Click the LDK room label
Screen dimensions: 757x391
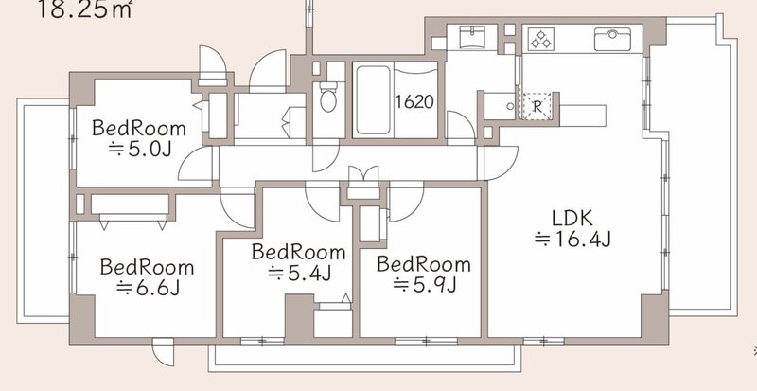[x=572, y=219]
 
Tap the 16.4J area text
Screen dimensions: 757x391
[x=573, y=240]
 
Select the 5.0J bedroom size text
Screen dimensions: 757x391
[x=139, y=150]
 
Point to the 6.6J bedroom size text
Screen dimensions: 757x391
[x=149, y=288]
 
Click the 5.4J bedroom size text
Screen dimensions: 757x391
[x=299, y=273]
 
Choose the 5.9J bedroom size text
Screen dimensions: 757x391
[x=425, y=285]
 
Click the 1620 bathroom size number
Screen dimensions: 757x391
[x=414, y=102]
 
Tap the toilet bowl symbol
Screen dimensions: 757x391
[x=328, y=97]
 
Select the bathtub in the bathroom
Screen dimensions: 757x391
[x=373, y=100]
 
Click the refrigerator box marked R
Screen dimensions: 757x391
[x=537, y=105]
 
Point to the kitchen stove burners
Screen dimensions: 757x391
[x=540, y=39]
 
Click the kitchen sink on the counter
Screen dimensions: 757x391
[x=612, y=39]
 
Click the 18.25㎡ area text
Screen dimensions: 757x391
[x=84, y=9]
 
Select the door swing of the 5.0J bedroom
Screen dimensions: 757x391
[x=196, y=164]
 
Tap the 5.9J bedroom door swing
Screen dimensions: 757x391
[x=407, y=201]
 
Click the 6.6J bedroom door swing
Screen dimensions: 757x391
[x=238, y=209]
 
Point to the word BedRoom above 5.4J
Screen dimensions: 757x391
[x=299, y=252]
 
